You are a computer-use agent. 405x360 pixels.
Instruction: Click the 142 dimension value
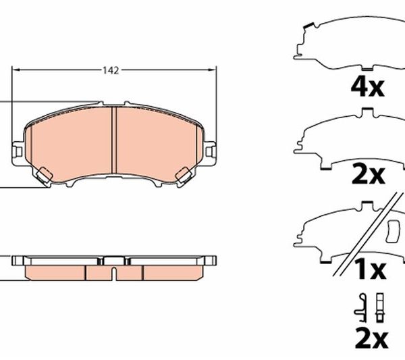(111, 70)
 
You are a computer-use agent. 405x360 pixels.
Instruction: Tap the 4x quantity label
(368, 87)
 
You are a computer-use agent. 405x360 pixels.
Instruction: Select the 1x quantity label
(371, 269)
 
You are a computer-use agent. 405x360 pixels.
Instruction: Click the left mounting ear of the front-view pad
(18, 151)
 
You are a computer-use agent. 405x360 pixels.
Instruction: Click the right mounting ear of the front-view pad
(210, 151)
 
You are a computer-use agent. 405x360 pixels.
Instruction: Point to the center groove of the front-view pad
(114, 140)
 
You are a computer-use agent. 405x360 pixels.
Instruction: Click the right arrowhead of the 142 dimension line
(213, 70)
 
